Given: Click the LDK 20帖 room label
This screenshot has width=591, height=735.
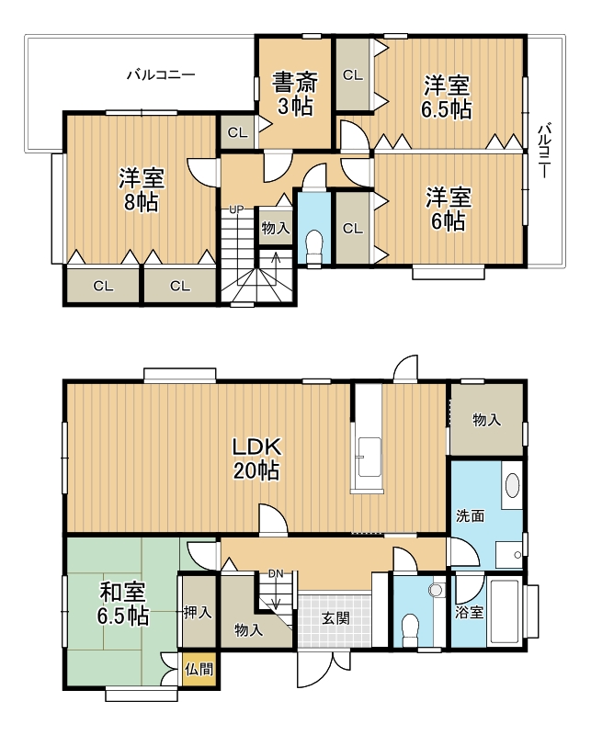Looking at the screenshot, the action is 257,458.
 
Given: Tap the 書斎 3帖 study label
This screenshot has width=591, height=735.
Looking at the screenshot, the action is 296,94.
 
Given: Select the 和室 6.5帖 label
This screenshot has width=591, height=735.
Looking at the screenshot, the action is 123,605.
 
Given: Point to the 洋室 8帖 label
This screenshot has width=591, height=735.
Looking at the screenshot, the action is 142,190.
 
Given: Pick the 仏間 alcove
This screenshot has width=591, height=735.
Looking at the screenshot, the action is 199,669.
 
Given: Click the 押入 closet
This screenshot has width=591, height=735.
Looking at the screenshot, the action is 198,612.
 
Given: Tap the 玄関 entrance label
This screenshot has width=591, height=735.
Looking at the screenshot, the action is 335,618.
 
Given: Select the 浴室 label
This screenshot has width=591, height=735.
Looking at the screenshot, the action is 470,612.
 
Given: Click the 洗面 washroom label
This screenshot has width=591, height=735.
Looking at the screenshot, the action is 471,516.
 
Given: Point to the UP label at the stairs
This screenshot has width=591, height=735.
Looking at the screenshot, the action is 236,209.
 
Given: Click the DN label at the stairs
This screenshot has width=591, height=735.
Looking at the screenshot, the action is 276,573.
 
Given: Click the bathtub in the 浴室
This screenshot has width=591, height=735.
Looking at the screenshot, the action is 505,612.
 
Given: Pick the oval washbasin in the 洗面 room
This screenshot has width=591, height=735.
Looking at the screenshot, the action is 513,486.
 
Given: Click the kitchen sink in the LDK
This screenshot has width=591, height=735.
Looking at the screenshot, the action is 369,457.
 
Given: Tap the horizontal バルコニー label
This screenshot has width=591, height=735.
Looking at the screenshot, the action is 161,74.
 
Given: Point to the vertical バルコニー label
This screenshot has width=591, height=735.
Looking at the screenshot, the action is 544,151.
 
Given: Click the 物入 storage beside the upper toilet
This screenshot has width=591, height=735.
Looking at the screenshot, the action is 276,228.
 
